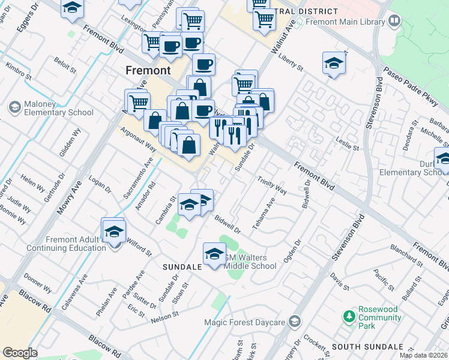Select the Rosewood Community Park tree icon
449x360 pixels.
click(348, 316)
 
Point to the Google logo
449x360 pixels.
click(20, 353)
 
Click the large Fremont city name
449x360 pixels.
click(148, 70)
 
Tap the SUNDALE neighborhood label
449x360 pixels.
click(181, 265)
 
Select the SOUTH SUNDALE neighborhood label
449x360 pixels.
click(367, 347)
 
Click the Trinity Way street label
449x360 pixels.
click(272, 185)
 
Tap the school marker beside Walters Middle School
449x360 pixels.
click(214, 254)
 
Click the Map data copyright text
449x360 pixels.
click(423, 355)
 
